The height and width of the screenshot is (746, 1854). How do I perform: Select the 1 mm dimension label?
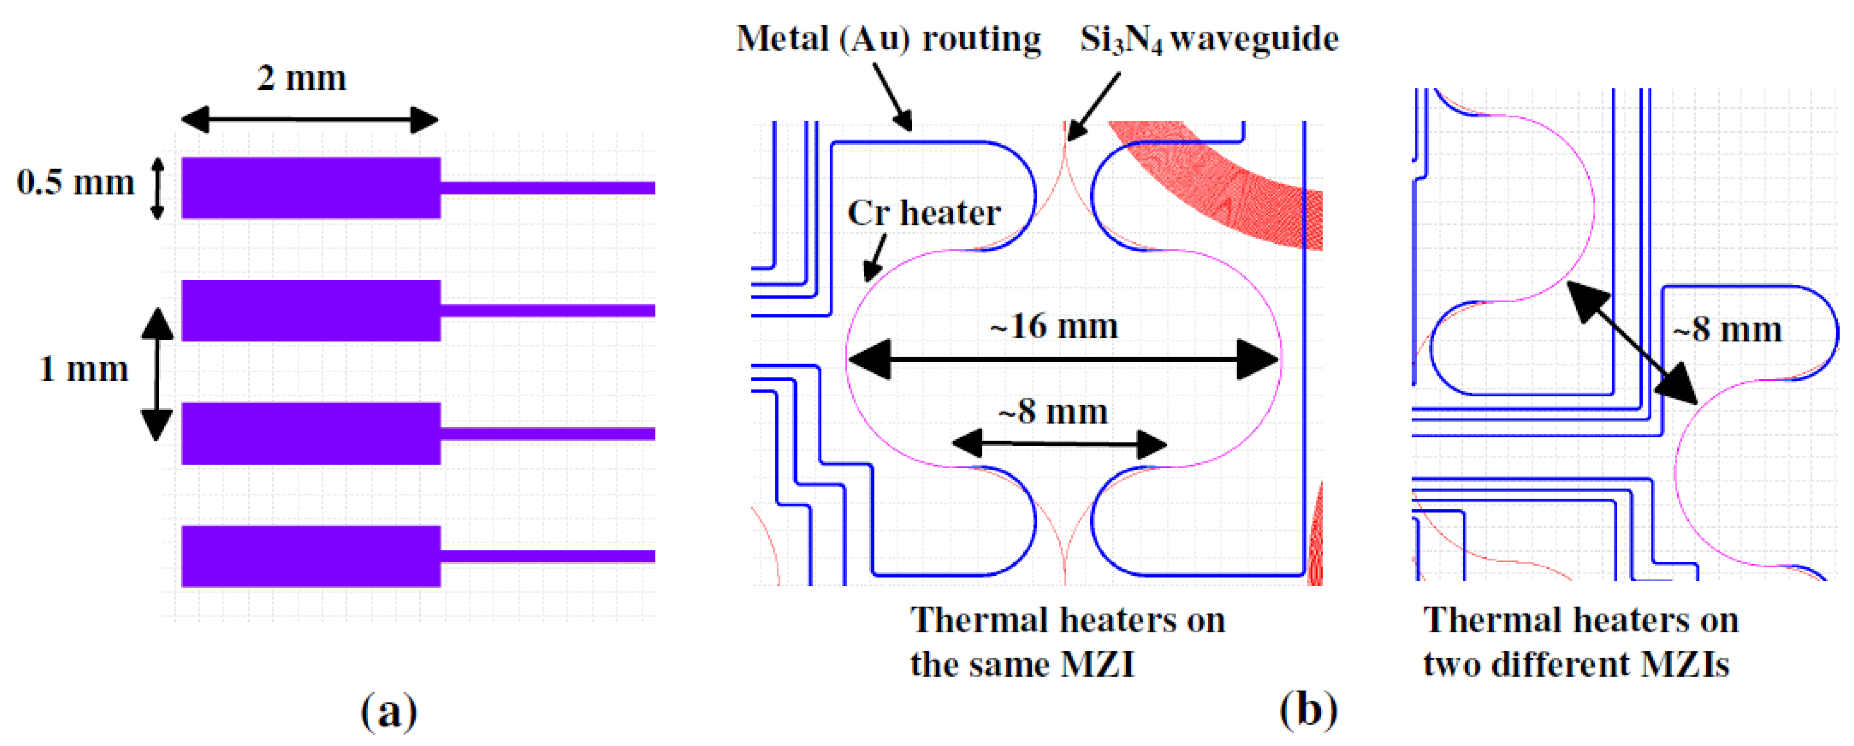pos(83,369)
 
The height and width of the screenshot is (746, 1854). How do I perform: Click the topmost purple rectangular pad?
pos(310,188)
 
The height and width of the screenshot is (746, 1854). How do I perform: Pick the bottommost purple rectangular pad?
pos(310,556)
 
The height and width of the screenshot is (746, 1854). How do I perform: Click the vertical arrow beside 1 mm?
pos(156,374)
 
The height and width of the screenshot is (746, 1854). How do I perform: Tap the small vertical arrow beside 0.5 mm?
pos(157,188)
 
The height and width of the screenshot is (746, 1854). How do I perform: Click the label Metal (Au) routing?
pos(888,39)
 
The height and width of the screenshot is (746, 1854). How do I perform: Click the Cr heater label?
pos(923,213)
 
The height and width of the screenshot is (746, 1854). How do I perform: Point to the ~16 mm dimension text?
pos(1054,327)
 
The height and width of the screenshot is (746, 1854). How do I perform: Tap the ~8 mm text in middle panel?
pos(1052,412)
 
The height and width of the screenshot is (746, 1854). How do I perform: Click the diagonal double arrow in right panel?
pos(1631,342)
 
